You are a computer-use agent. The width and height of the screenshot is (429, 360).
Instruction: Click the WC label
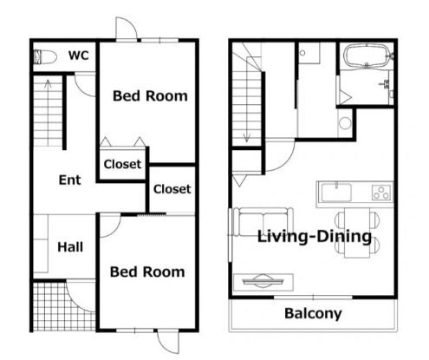pos(79,56)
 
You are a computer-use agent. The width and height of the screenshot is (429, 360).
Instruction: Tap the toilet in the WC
pos(45,57)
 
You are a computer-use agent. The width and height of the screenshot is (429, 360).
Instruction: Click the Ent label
pos(69,180)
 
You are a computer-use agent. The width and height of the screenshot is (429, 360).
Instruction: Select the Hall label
pos(70,247)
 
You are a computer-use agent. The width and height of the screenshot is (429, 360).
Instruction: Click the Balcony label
pos(313,313)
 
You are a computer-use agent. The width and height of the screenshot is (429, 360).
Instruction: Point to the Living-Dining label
pos(315,237)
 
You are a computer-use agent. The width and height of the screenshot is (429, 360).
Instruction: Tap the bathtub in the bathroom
pos(367,56)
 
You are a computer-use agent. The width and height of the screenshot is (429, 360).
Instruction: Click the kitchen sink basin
pos(336,193)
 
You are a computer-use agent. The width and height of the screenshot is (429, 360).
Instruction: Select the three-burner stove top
pos(381,193)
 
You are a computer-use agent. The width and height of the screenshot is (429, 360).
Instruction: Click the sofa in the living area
pos(263,222)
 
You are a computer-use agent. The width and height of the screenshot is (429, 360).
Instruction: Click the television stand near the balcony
pos(263,282)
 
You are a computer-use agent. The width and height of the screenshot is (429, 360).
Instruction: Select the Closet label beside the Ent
pos(122,164)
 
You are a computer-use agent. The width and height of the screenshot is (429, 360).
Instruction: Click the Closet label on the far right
pos(172,189)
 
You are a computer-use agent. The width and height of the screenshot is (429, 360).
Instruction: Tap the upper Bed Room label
pos(150,95)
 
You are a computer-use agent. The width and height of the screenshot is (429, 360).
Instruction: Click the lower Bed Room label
pos(147,272)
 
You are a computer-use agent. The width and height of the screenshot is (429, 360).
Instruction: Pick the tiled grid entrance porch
pos(64,306)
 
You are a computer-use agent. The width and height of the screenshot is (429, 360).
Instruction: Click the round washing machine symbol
pos(345,123)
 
